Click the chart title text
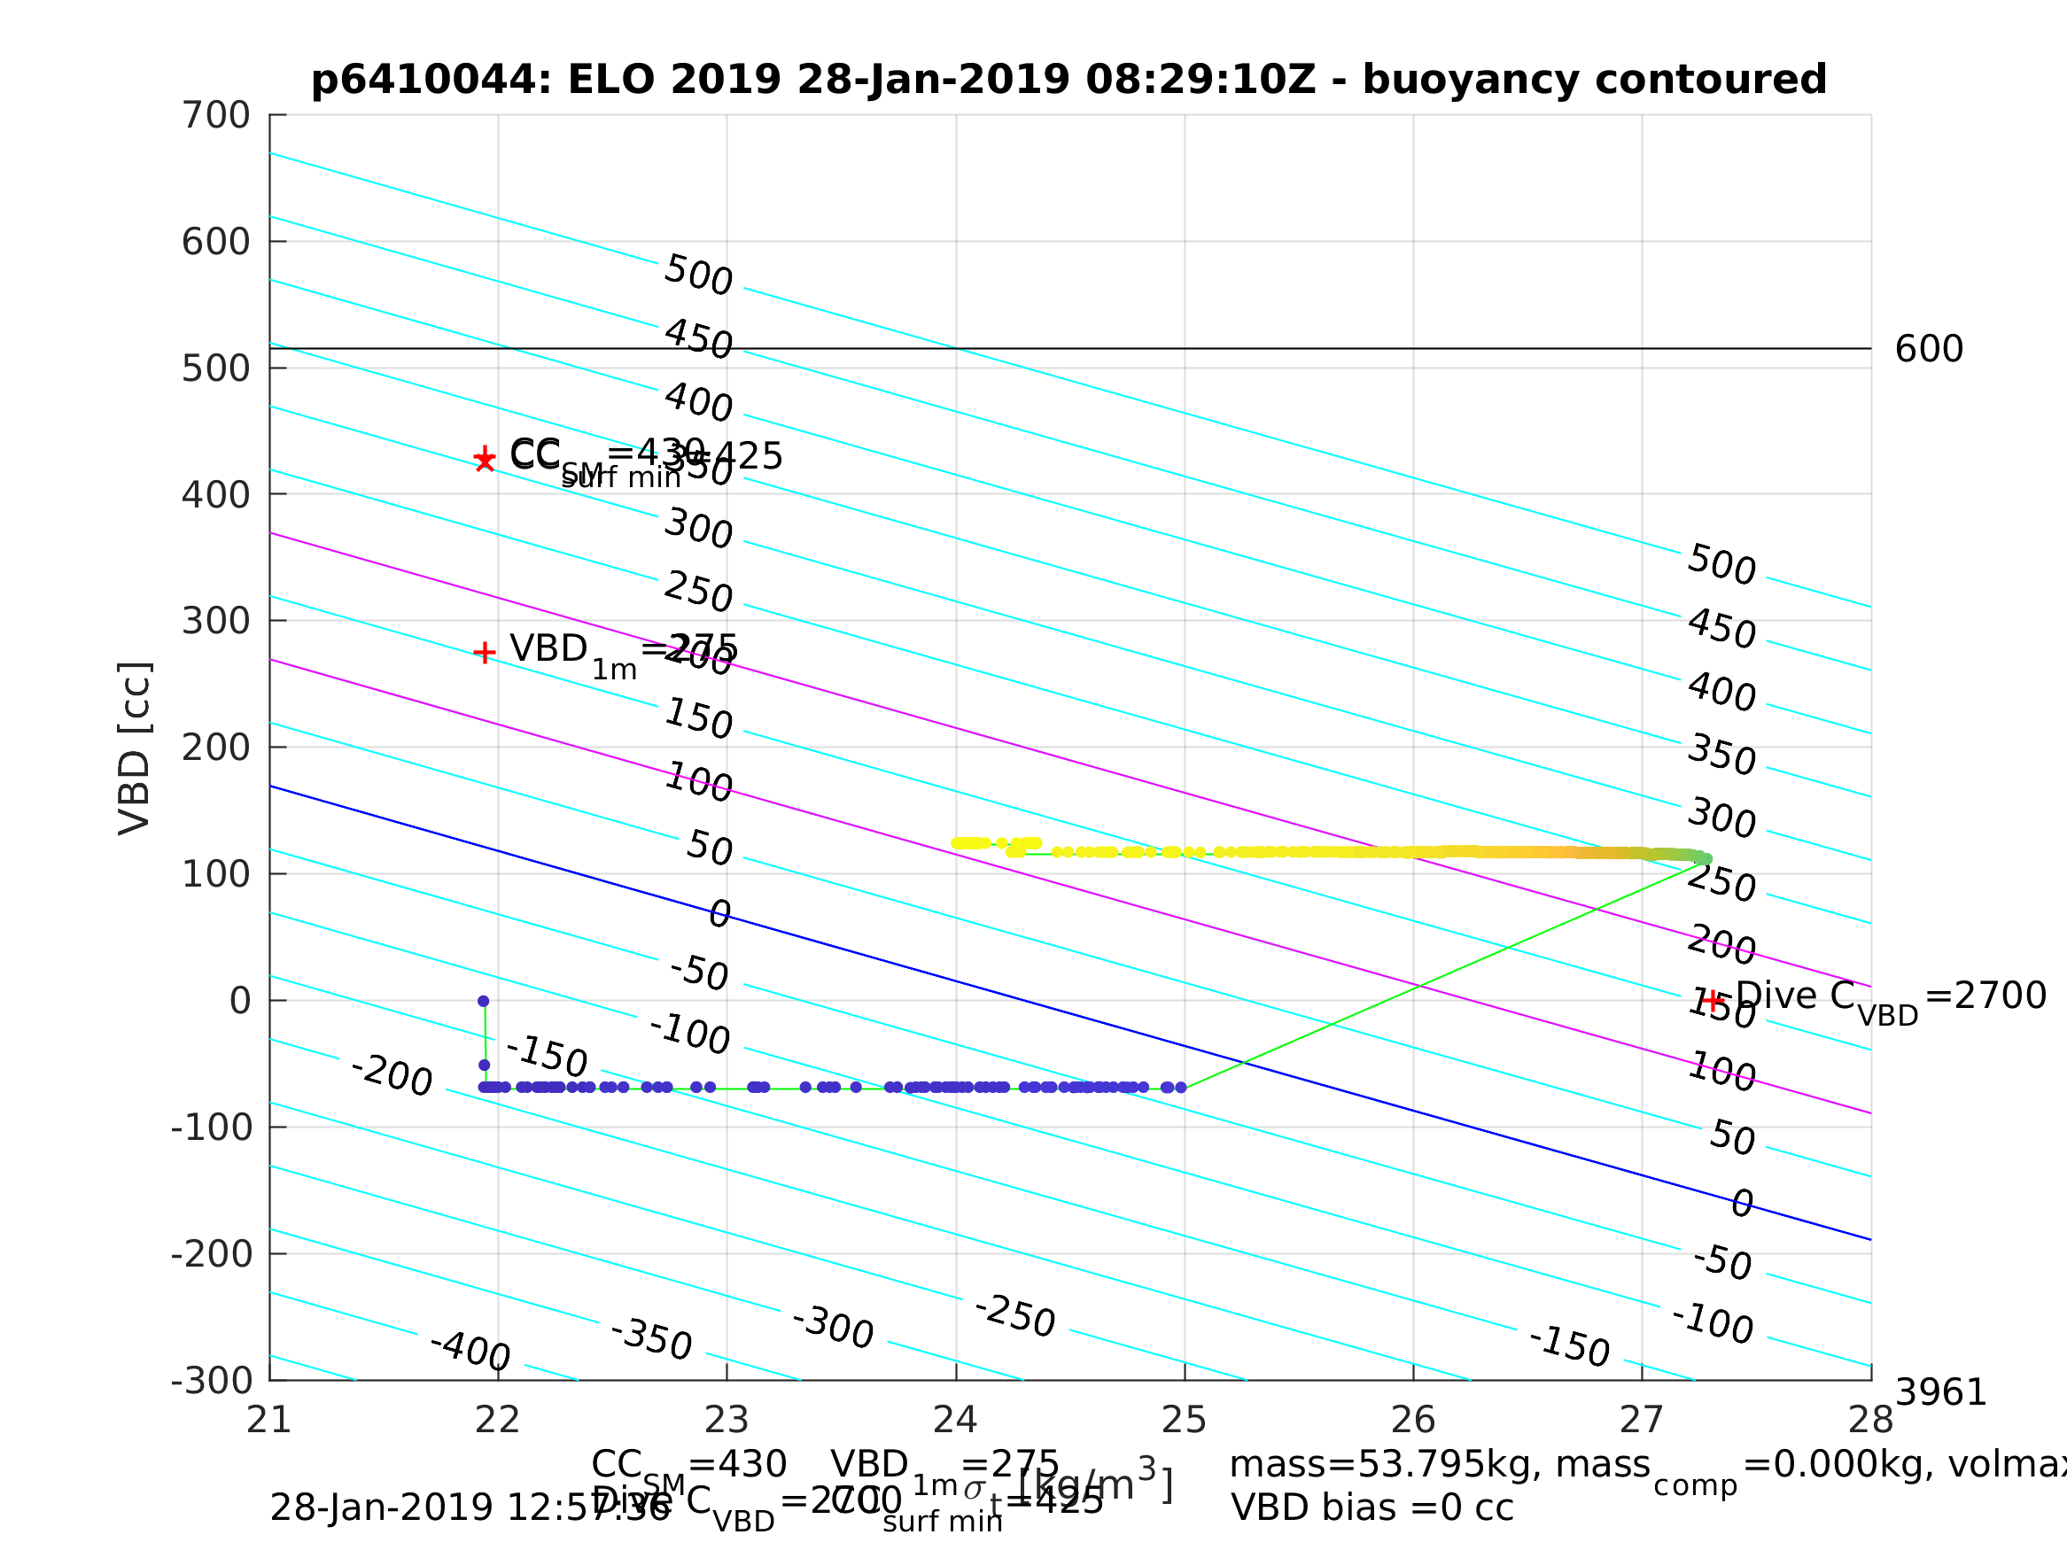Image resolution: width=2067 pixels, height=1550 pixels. click(1068, 80)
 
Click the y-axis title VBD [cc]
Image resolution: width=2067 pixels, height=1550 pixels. click(136, 748)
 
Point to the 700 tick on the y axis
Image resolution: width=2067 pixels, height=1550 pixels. click(216, 116)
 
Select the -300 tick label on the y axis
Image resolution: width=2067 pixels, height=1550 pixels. click(212, 1380)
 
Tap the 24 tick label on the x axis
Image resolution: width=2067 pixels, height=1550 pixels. click(955, 1420)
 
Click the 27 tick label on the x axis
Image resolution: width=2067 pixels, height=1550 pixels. click(1642, 1420)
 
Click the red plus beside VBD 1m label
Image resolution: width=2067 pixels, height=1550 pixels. click(484, 652)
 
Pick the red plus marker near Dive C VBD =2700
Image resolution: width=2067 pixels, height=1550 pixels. click(1712, 1001)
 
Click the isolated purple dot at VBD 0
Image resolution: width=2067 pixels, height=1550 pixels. click(483, 1002)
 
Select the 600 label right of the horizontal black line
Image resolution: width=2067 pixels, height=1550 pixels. click(1929, 350)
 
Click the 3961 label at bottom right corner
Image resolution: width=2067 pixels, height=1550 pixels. click(1940, 1393)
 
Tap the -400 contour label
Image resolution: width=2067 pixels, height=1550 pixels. click(470, 1351)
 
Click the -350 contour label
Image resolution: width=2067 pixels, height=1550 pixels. click(651, 1339)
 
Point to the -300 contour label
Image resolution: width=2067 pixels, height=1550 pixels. click(833, 1327)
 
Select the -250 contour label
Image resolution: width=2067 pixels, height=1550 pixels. click(1014, 1315)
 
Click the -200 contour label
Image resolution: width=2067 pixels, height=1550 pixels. click(392, 1074)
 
